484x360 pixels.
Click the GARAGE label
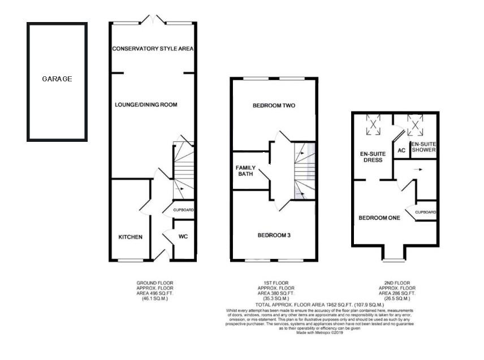point(57,79)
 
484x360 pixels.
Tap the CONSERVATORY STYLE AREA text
point(153,49)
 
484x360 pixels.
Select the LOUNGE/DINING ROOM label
point(146,105)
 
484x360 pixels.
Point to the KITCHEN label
point(130,237)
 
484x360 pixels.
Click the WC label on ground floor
point(183,237)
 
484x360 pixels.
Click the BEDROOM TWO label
point(274,106)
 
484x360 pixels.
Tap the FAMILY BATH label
point(246,171)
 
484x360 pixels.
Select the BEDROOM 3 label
point(274,235)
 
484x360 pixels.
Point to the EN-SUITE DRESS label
point(371,157)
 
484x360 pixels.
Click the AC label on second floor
point(401,150)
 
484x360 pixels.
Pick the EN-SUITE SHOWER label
point(423,147)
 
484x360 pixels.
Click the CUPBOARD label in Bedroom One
point(426,212)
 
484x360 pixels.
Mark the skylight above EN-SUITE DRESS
point(374,125)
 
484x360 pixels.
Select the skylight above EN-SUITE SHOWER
point(416,124)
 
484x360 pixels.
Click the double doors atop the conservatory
point(152,20)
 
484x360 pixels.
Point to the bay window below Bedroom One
point(394,259)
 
